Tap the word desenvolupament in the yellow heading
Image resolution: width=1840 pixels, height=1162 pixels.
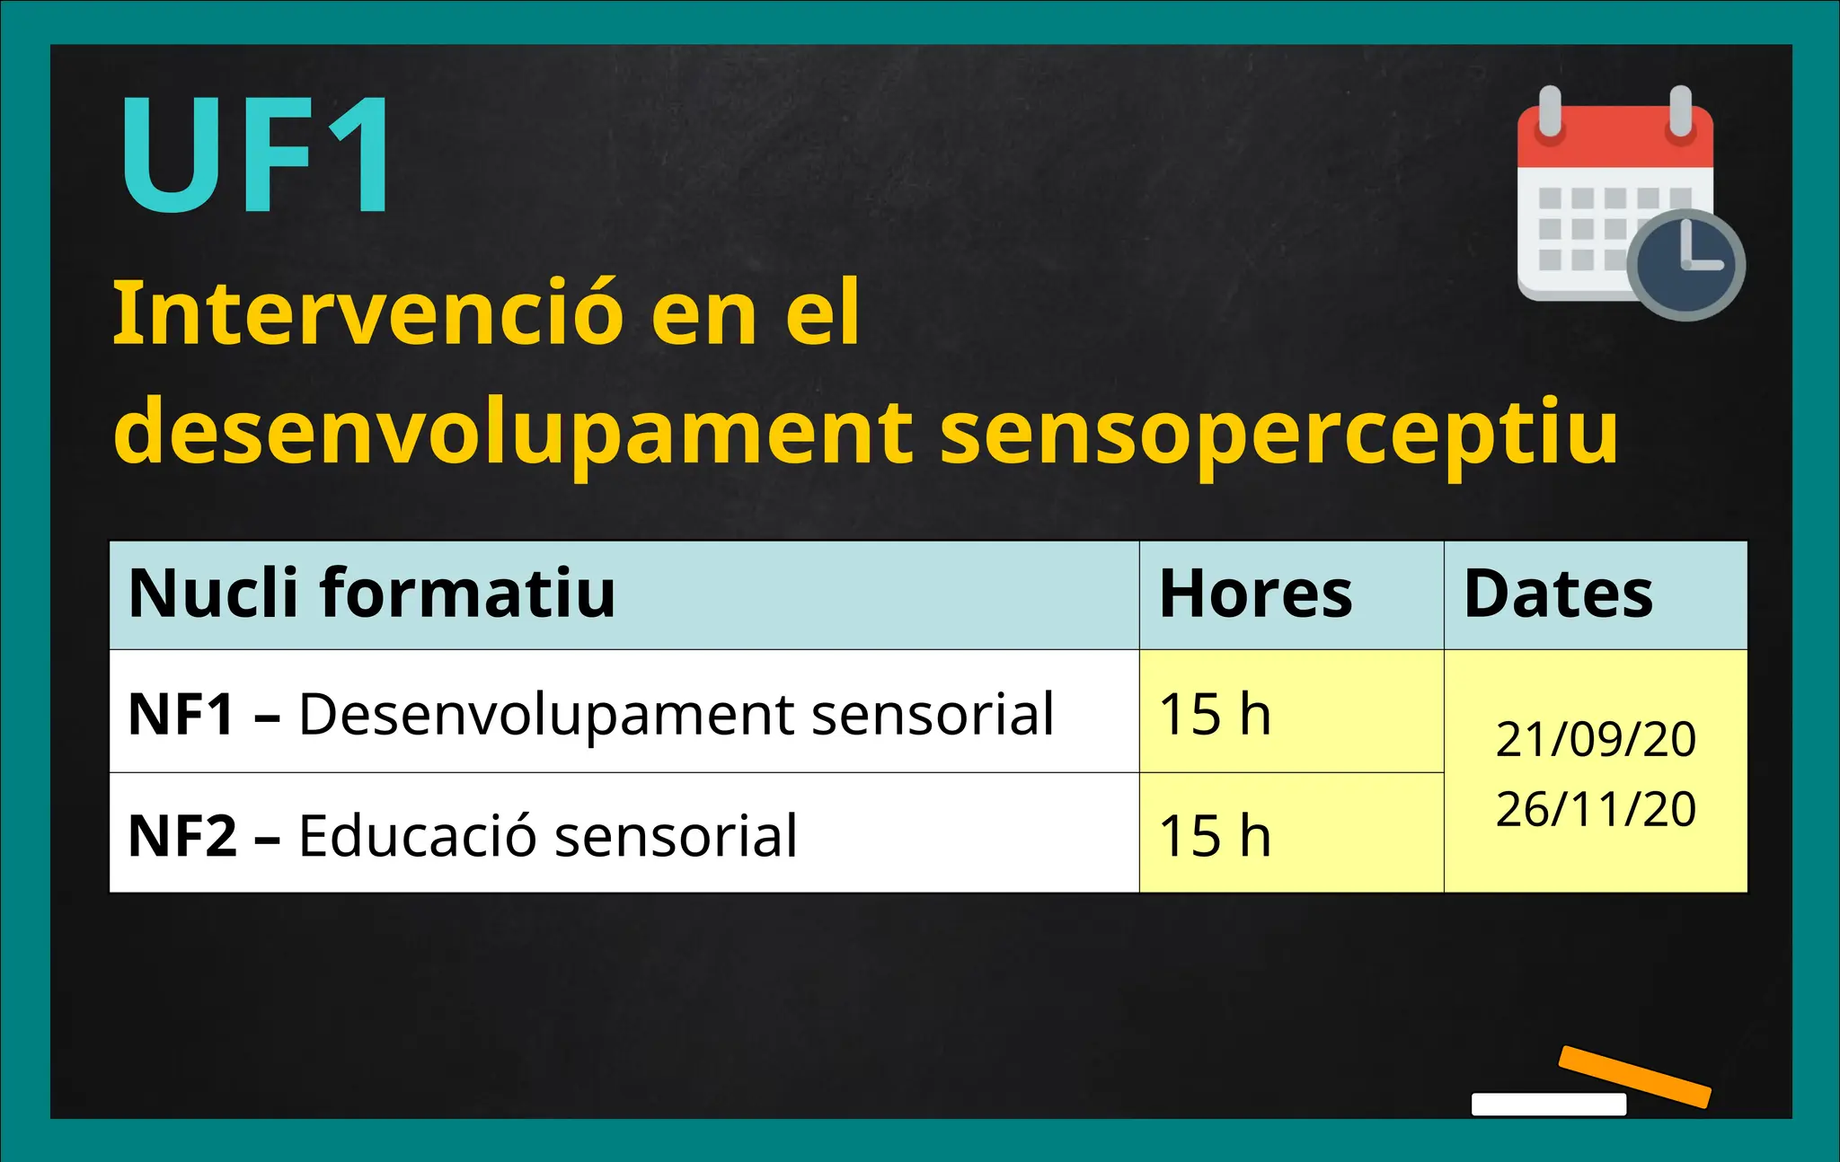[513, 434]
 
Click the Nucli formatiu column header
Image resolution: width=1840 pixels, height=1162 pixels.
[371, 594]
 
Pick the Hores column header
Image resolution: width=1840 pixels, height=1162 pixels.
[1255, 594]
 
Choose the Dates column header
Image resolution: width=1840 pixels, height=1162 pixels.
[1558, 594]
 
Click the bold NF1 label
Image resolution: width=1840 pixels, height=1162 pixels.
[181, 715]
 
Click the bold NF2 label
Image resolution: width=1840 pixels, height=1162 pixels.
[182, 836]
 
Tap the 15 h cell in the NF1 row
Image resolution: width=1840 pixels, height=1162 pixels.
[1215, 715]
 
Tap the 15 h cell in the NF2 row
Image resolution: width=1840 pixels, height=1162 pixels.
[1215, 836]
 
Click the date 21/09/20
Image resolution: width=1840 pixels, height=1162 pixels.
[1596, 739]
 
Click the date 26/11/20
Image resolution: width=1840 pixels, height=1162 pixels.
[1596, 808]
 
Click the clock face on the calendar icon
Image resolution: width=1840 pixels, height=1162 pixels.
[1685, 265]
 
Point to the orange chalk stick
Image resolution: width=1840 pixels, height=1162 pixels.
[1633, 1076]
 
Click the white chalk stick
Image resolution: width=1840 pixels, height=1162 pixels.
[1548, 1104]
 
